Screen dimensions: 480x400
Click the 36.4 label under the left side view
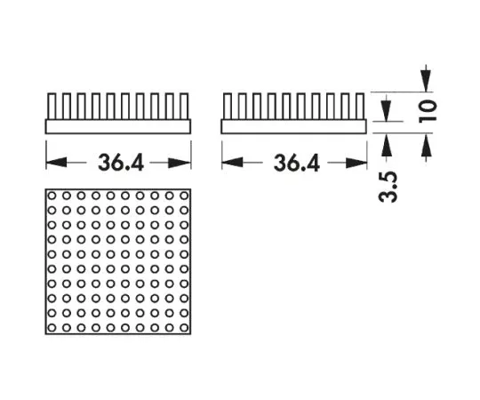(121, 163)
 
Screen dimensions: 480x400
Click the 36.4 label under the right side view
(297, 163)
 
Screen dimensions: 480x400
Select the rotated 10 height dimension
(428, 110)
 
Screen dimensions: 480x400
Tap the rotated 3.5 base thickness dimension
(388, 187)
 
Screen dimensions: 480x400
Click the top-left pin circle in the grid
(52, 196)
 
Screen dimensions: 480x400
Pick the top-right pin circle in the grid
(184, 196)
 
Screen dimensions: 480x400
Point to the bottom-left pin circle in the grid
(52, 328)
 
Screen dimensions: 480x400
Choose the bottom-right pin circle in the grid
(184, 328)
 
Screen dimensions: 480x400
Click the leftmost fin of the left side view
(52, 106)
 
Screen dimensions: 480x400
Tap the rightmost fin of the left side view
(184, 106)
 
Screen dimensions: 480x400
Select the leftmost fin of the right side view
(228, 106)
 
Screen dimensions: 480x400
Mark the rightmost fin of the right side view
(360, 106)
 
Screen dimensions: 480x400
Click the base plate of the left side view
(118, 126)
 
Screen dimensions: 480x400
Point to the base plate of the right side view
(294, 126)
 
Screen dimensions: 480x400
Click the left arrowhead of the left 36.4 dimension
(56, 163)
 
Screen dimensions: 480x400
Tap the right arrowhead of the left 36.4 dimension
(180, 163)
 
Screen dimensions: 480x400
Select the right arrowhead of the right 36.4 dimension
(356, 163)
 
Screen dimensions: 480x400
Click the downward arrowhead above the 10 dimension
(426, 80)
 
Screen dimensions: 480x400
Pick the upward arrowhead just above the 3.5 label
(387, 145)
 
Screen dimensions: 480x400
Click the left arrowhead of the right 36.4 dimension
(232, 163)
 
